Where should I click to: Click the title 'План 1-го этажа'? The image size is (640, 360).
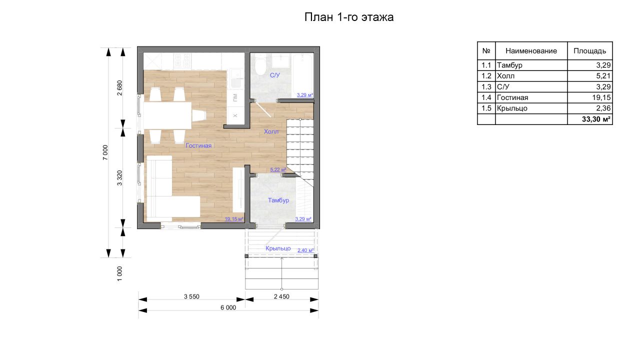click(349, 17)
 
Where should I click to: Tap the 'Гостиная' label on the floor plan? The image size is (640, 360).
click(198, 145)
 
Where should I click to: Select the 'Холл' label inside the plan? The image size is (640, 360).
click(271, 131)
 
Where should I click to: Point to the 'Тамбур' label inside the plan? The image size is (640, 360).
click(278, 200)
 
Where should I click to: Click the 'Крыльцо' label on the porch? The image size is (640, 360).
click(278, 248)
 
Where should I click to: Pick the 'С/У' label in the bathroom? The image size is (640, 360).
click(275, 75)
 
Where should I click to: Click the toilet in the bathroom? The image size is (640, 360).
click(260, 64)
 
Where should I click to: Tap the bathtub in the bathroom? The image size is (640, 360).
click(302, 75)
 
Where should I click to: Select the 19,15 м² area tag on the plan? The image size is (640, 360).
click(234, 219)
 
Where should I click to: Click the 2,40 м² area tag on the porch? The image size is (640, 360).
click(305, 250)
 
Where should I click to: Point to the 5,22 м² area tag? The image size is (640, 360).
click(278, 169)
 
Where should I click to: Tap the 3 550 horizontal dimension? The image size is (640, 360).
click(191, 296)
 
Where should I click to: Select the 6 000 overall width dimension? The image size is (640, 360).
click(228, 307)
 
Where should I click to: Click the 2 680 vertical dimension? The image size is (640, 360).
click(119, 87)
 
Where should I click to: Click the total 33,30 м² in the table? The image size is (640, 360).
click(596, 119)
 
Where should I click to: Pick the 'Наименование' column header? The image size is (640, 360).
click(531, 51)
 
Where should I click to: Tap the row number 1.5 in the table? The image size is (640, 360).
click(486, 108)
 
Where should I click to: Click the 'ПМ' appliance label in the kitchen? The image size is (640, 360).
click(235, 97)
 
